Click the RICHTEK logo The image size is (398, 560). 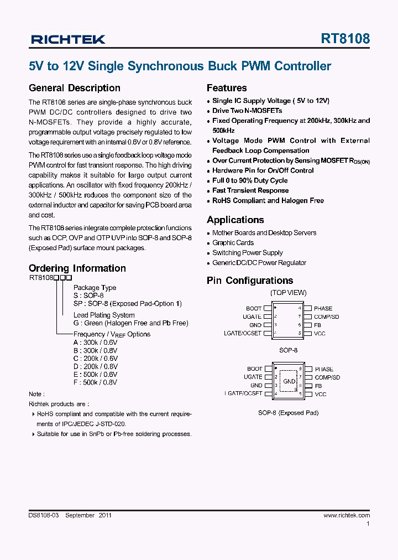(x=68, y=39)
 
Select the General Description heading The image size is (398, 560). (x=74, y=88)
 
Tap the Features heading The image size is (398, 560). (x=227, y=88)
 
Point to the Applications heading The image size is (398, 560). (x=235, y=220)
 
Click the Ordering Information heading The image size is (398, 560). (x=77, y=268)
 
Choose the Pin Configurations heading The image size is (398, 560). (x=250, y=281)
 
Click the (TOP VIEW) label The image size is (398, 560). (x=288, y=293)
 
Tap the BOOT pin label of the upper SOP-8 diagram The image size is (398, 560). (x=254, y=308)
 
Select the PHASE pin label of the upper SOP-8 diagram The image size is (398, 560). (x=323, y=308)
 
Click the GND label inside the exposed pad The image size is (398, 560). (x=289, y=381)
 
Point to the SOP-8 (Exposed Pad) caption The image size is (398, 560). (x=288, y=413)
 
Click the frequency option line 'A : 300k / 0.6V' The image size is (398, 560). (x=95, y=343)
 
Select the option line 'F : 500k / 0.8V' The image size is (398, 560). (x=95, y=382)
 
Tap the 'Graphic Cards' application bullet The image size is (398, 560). (x=233, y=243)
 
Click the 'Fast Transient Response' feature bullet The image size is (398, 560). (x=250, y=190)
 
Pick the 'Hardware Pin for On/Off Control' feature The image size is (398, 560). (x=263, y=170)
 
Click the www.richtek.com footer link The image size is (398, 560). (x=347, y=515)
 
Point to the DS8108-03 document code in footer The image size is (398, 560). (x=44, y=515)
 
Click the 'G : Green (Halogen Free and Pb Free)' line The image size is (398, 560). (x=130, y=323)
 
